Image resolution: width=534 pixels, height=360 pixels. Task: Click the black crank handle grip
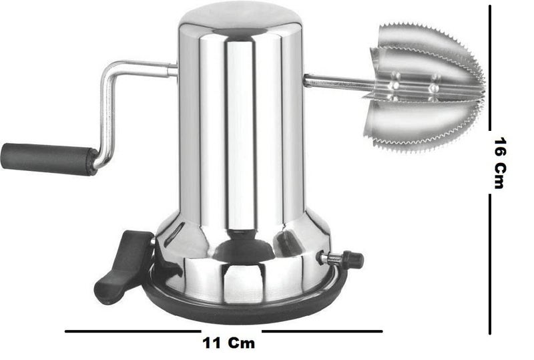49,159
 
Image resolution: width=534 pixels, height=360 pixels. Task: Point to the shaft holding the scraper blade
337,81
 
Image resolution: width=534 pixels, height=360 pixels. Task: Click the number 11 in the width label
212,343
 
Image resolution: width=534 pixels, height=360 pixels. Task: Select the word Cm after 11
242,343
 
